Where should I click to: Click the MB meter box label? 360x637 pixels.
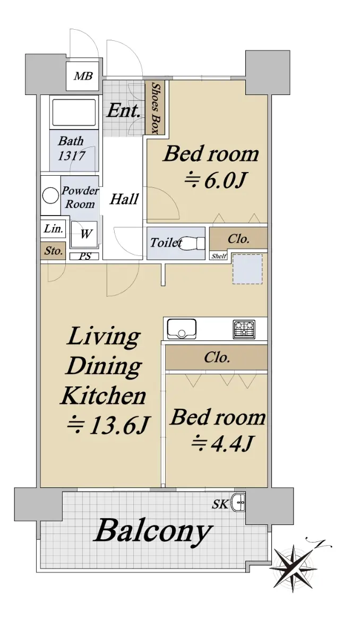tap(83, 76)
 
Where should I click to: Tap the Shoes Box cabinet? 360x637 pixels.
tap(155, 108)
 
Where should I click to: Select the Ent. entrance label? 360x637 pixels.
tap(124, 110)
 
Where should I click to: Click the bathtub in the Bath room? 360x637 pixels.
tap(74, 112)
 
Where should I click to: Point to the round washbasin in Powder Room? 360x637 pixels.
tap(50, 195)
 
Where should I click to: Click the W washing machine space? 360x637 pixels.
tap(84, 234)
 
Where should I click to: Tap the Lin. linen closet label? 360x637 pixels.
tap(53, 229)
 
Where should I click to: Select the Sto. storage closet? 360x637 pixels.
tap(53, 251)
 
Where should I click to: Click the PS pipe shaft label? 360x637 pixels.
tap(85, 256)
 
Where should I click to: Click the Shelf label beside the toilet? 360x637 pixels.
tap(219, 256)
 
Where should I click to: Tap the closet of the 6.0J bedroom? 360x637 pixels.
tap(238, 239)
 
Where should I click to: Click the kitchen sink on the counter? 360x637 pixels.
tap(182, 329)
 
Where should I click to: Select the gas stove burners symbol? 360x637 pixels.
tap(244, 329)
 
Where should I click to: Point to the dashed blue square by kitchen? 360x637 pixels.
tap(247, 269)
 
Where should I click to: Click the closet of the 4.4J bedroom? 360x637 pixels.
tap(217, 357)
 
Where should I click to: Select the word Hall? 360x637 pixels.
tap(124, 199)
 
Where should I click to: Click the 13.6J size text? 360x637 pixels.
tap(108, 425)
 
